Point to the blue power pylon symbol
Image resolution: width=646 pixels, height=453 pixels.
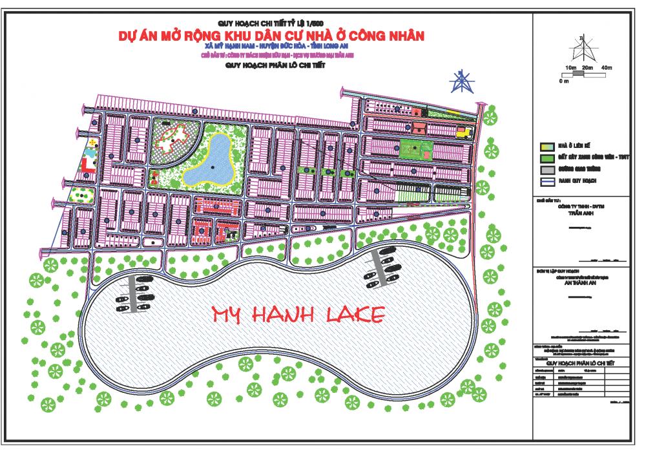[x=461, y=83]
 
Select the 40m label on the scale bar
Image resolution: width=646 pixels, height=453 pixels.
[x=605, y=67]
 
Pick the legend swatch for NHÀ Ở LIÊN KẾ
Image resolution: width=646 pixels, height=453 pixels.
[x=546, y=146]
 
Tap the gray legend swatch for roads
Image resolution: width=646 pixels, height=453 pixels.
[x=546, y=170]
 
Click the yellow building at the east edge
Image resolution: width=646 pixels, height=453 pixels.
[x=463, y=132]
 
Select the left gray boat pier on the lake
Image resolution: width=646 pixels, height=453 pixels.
[x=134, y=293]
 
